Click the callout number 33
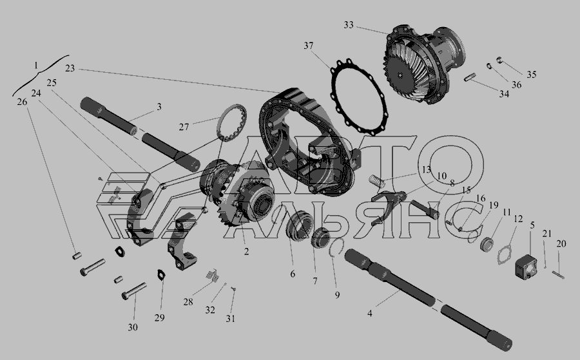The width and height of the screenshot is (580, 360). [x=349, y=25]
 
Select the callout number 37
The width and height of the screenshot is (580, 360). [x=309, y=46]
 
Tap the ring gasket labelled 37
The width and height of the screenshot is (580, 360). [x=360, y=96]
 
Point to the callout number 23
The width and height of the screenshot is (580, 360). [x=70, y=68]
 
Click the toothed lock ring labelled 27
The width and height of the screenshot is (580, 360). [x=231, y=123]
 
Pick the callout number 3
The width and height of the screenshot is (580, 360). [x=159, y=107]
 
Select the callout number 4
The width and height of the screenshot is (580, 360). [x=369, y=314]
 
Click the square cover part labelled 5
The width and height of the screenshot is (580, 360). [x=526, y=266]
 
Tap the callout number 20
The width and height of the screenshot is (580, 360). [x=561, y=244]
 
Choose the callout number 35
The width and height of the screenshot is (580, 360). [x=531, y=75]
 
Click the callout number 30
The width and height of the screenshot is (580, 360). [x=133, y=327]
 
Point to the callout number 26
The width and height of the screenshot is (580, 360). [x=22, y=102]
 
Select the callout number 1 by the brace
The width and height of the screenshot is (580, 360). [x=36, y=66]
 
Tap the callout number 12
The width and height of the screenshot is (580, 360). [x=518, y=219]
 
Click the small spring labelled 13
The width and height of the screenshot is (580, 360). [x=375, y=180]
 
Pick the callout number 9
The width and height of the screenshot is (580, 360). [x=337, y=296]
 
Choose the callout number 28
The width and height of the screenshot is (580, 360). [x=188, y=302]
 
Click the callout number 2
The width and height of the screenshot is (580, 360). [x=246, y=252]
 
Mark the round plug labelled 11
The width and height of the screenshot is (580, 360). [x=487, y=245]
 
